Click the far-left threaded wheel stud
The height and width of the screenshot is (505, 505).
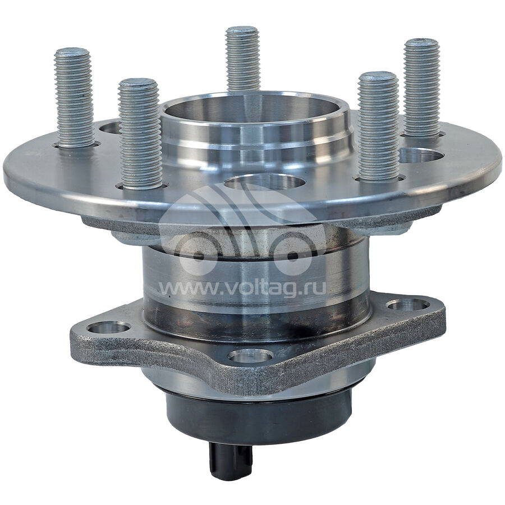point(74,98)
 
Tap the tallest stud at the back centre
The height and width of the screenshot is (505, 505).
point(242,58)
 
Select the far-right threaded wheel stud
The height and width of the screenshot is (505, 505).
point(421,88)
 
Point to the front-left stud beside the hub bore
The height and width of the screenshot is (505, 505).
point(140,134)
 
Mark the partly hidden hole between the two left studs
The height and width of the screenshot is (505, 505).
point(109,127)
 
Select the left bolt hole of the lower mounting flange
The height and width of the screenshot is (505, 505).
point(108,328)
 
